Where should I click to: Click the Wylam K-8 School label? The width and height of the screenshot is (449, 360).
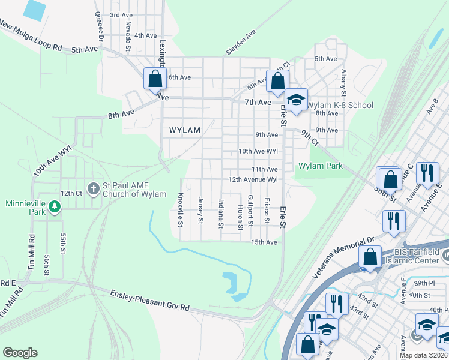(340, 105)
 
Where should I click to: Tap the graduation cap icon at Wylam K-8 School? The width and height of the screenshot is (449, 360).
(295, 100)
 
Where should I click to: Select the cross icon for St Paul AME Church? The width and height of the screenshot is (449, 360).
(93, 188)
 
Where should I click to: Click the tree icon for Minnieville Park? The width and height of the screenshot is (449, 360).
(55, 207)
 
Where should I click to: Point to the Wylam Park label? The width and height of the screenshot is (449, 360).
(321, 166)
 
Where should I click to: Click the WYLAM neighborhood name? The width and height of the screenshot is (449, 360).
(184, 130)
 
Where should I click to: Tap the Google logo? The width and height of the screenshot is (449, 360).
(20, 353)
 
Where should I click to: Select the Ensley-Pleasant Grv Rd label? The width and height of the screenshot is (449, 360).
(149, 300)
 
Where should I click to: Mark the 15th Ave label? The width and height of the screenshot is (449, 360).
(264, 242)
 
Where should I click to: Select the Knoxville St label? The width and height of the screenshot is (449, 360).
(180, 210)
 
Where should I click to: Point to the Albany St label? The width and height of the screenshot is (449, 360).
(344, 83)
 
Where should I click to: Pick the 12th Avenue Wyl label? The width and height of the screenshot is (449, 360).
(253, 179)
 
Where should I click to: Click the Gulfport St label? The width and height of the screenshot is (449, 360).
(249, 210)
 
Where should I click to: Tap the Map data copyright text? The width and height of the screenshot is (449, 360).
(423, 355)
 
